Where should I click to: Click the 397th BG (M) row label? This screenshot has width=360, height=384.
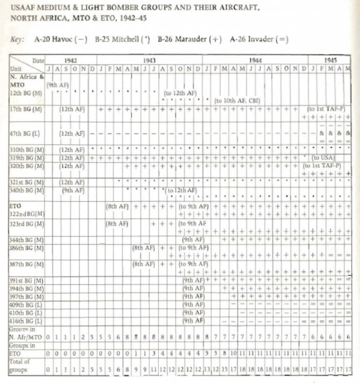[25, 296]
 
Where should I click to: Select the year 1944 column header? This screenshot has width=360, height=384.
[254, 60]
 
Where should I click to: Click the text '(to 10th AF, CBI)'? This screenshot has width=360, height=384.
[237, 101]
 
